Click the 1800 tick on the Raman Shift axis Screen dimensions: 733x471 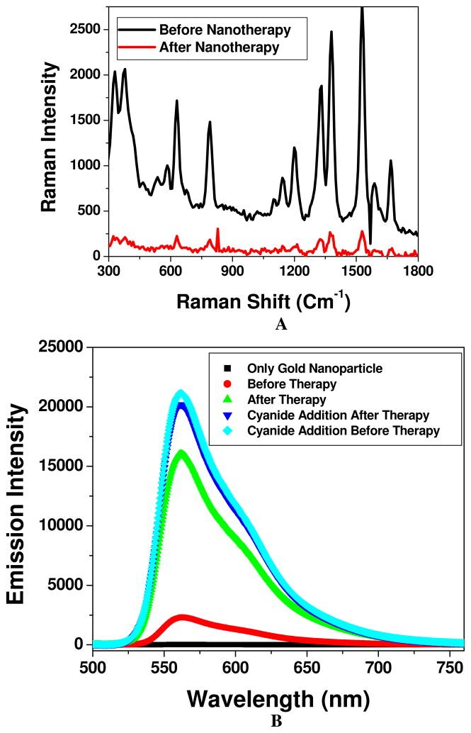coord(417,270)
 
